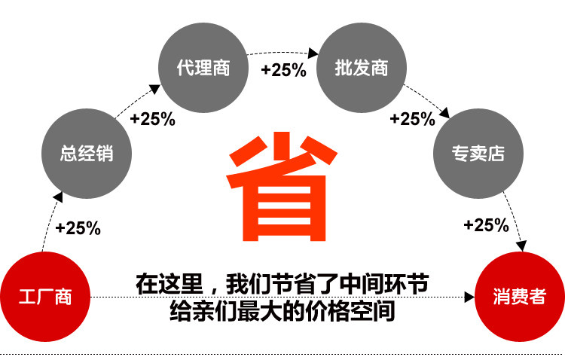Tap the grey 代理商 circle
[203, 68]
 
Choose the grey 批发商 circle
[362, 68]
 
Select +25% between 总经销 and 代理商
[152, 119]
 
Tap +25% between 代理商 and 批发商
[283, 71]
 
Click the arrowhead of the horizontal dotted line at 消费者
[470, 296]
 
